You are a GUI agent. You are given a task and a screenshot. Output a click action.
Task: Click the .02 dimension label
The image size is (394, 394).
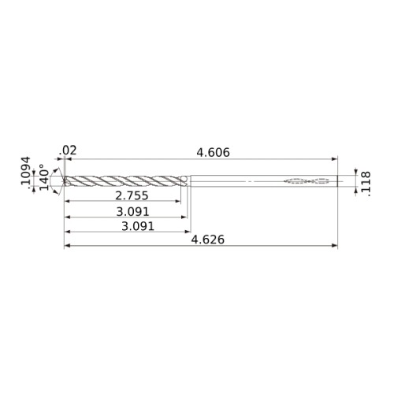tap(68, 151)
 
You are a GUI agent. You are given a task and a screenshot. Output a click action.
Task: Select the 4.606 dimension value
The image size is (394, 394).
tap(214, 153)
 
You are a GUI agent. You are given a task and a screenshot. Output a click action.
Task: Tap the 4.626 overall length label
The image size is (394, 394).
tap(208, 240)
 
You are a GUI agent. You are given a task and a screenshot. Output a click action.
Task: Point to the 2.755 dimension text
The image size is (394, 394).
tap(132, 195)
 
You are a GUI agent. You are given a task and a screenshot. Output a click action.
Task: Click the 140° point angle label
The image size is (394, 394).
tap(44, 177)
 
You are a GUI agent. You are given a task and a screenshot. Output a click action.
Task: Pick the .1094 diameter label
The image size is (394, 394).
tap(26, 171)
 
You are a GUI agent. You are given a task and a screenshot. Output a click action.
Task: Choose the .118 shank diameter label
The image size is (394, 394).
tap(366, 184)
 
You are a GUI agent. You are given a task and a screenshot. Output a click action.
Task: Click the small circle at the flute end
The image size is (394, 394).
tap(184, 179)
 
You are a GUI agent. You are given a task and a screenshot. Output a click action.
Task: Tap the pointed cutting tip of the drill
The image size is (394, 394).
tap(64, 181)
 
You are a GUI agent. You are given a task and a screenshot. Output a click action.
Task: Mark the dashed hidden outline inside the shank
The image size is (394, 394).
tap(307, 180)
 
